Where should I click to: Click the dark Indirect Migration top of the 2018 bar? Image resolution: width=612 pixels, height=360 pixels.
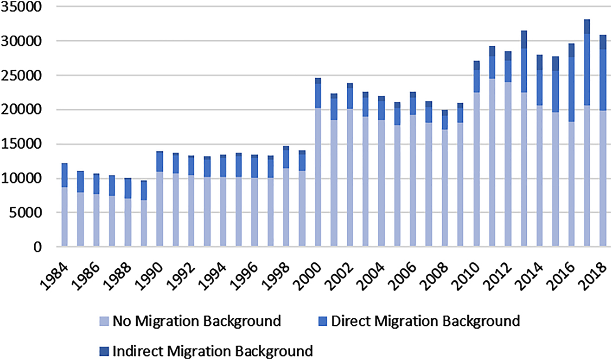click(x=603, y=42)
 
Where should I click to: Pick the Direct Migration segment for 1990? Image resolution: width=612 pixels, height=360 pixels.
click(x=159, y=162)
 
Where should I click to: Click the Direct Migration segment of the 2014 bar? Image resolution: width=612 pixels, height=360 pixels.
click(x=540, y=88)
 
